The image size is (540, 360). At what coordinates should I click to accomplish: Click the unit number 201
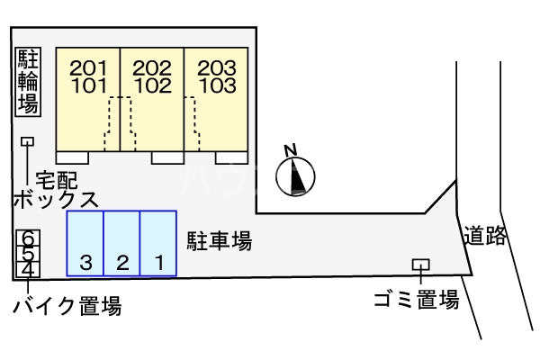pos(88,67)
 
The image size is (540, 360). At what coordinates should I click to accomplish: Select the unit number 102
pos(152,86)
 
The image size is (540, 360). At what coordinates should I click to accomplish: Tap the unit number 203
pos(217,67)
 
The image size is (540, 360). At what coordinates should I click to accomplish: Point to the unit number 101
pos(88,86)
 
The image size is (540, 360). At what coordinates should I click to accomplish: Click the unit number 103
pos(217,86)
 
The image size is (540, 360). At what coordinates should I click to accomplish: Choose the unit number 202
pos(152,67)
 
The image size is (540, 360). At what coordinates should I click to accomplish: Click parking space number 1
pos(158,263)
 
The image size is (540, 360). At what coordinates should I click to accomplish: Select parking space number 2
pos(122,263)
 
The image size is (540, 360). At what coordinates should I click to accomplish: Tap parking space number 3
pos(86,263)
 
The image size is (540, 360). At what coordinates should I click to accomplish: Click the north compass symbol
pos(297,175)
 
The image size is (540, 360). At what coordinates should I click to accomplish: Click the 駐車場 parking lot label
pos(219,240)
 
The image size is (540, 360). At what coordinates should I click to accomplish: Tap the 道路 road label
pos(485,237)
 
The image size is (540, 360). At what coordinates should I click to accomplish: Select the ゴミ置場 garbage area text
pos(417,301)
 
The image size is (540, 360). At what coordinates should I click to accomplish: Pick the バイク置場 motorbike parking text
pos(67,307)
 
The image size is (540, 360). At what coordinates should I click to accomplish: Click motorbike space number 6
pos(29,238)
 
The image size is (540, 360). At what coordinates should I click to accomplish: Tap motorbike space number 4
pos(29,268)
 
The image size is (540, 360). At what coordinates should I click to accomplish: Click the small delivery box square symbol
pos(28,141)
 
